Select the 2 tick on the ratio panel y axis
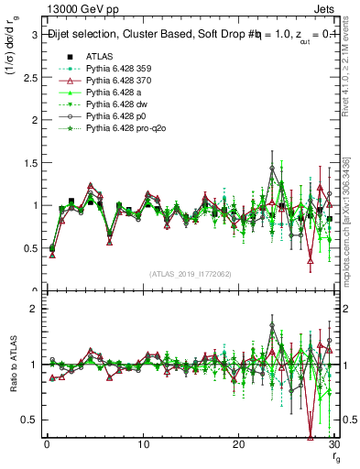[32, 309]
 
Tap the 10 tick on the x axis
[142, 446]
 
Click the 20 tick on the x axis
[238, 446]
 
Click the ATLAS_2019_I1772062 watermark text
[189, 274]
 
